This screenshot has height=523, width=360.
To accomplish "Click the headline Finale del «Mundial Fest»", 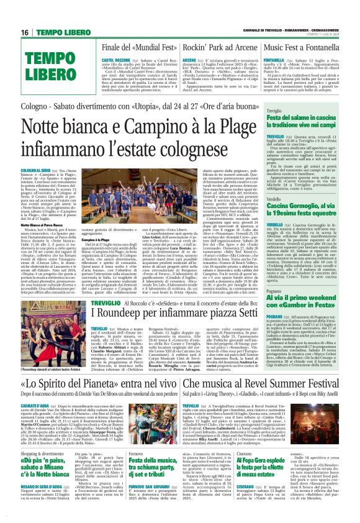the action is [133, 47].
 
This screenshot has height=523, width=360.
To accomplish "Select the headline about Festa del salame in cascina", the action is [302, 123].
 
